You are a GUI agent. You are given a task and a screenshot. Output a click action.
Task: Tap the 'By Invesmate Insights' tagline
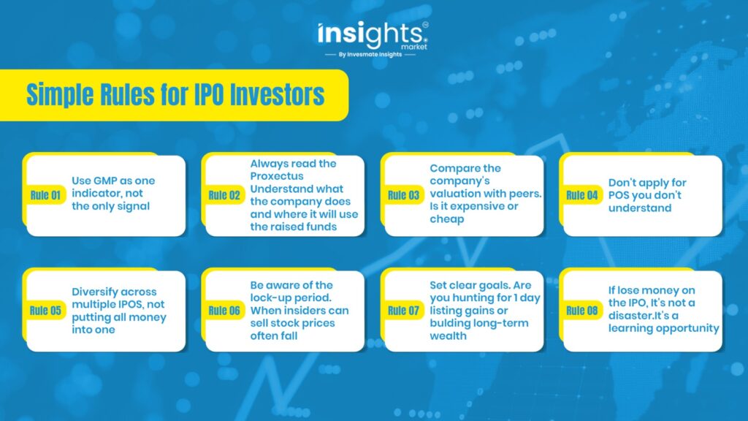click(x=370, y=54)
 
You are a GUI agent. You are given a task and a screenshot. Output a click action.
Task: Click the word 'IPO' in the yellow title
click(x=209, y=94)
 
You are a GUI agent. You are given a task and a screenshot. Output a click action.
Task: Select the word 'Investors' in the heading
click(x=277, y=94)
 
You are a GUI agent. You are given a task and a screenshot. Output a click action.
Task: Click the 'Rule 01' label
click(x=45, y=195)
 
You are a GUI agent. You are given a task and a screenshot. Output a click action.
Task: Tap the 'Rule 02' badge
click(x=224, y=195)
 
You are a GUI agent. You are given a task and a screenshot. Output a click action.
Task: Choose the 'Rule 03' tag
click(x=403, y=195)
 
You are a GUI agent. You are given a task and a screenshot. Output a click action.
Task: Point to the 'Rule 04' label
click(x=582, y=195)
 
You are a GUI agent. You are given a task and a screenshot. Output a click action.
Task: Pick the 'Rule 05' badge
click(x=45, y=311)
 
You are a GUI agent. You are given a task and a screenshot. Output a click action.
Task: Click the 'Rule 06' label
click(x=224, y=311)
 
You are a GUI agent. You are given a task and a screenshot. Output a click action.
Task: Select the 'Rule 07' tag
click(x=403, y=311)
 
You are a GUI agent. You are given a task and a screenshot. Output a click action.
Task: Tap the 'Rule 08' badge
click(x=582, y=311)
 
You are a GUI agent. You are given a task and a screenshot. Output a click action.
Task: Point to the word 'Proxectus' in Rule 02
click(x=277, y=176)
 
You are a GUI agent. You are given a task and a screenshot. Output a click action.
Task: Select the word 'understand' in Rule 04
click(x=640, y=208)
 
